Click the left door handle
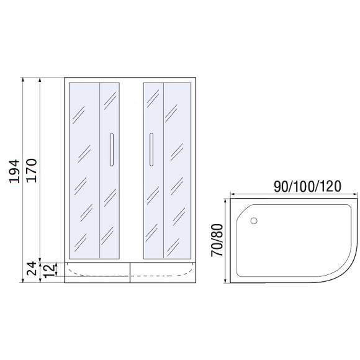coord(110,150)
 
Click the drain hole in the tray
coord(253,220)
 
